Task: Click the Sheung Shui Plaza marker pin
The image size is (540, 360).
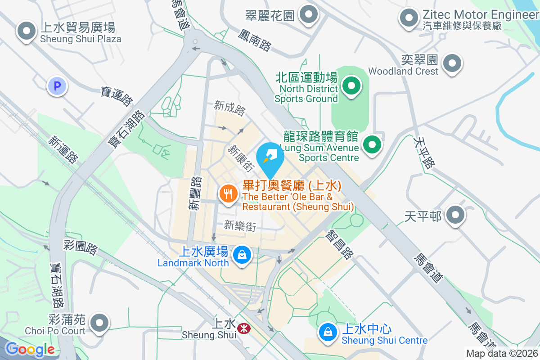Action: click(27, 31)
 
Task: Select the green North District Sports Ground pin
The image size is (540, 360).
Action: click(351, 86)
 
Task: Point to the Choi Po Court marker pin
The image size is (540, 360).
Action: click(99, 323)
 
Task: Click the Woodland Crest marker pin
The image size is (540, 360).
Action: click(452, 63)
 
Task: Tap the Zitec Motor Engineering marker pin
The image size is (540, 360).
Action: click(409, 18)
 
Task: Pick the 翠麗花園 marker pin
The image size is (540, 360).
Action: click(309, 14)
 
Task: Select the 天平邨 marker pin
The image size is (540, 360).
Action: click(455, 216)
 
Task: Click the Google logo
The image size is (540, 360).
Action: click(30, 349)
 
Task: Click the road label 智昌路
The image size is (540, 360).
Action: click(340, 244)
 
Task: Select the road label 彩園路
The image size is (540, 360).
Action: click(80, 247)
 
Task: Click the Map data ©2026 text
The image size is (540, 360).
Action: click(501, 353)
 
